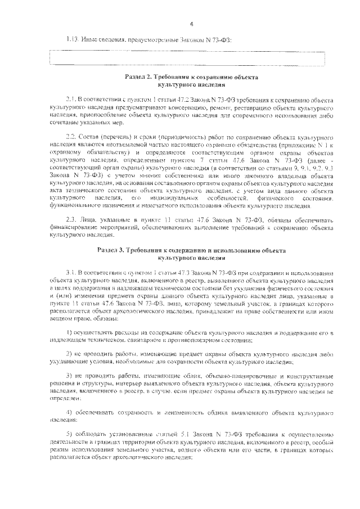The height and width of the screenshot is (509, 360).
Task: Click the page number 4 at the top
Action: [191, 24]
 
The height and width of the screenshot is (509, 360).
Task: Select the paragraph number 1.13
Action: [73, 39]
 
